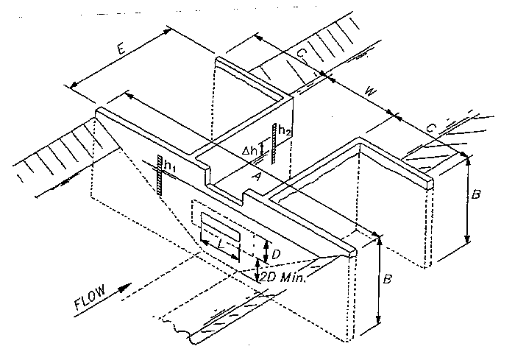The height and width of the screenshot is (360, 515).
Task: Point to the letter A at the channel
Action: pos(255,177)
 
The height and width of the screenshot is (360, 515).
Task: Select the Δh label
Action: pos(250,150)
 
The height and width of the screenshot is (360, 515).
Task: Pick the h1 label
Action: pos(169,168)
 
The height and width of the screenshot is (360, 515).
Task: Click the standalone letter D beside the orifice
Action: pos(275,253)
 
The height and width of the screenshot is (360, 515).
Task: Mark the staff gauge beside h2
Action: pos(274,144)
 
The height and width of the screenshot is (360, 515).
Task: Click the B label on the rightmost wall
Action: pos(476,196)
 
